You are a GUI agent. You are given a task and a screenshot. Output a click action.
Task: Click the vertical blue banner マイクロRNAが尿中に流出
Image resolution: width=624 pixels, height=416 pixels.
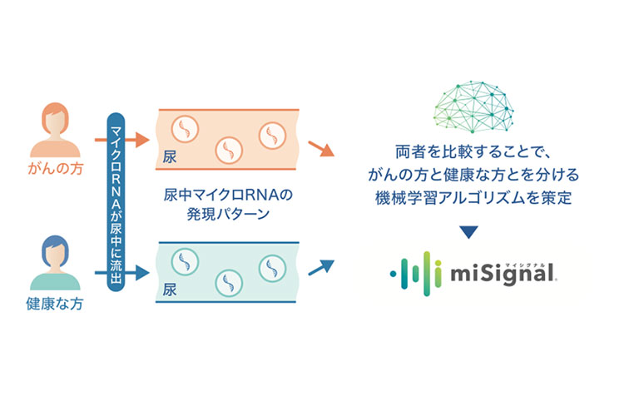pyautogui.click(x=118, y=201)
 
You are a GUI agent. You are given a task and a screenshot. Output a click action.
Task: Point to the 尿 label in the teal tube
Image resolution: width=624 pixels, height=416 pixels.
pyautogui.click(x=169, y=290)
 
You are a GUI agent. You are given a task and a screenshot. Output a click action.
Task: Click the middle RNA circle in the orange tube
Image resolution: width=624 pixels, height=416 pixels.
pyautogui.click(x=227, y=149)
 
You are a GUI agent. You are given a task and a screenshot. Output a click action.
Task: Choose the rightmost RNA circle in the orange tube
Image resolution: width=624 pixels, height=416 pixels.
pyautogui.click(x=271, y=133)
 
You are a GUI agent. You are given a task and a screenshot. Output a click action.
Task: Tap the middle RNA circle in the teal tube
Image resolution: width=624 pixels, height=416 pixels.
pyautogui.click(x=227, y=283)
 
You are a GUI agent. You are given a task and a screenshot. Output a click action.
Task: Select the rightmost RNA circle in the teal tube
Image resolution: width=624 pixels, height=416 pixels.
pyautogui.click(x=271, y=266)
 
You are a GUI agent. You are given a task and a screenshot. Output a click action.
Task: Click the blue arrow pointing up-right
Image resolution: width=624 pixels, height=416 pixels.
pyautogui.click(x=320, y=269)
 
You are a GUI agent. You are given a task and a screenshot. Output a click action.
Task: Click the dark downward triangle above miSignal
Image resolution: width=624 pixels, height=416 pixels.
pyautogui.click(x=470, y=232)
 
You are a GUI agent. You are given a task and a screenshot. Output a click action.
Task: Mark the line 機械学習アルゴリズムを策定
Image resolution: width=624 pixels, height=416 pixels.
pyautogui.click(x=470, y=200)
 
